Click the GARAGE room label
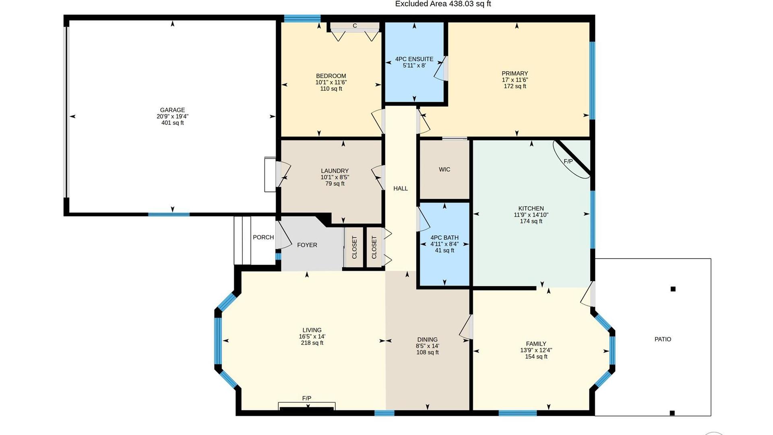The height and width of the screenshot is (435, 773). [x=172, y=110]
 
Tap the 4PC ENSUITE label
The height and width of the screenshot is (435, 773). [x=414, y=59]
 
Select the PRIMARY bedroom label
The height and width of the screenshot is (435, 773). [x=515, y=73]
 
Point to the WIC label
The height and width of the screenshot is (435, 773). [x=444, y=170]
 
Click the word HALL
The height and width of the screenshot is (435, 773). [x=401, y=188]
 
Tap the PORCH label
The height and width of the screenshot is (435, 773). [x=263, y=237]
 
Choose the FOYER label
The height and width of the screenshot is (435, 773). [x=307, y=245]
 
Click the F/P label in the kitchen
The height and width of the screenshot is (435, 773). [x=568, y=162]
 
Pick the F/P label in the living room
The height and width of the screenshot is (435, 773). [x=307, y=398]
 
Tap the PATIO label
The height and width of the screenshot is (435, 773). [x=663, y=339]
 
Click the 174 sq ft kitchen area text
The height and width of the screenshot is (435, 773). [x=531, y=221]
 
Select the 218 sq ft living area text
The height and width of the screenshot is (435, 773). [x=312, y=343]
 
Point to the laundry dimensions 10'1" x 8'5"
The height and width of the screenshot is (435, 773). [x=335, y=177]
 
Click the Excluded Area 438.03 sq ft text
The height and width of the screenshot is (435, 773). [x=443, y=4]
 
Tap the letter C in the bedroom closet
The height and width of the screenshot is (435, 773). [x=355, y=26]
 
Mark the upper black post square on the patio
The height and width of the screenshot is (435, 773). [x=673, y=289]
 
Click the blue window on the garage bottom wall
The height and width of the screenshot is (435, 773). [x=169, y=214]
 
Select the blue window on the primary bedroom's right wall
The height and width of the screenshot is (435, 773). [x=592, y=81]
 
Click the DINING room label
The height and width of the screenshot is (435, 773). [x=427, y=340]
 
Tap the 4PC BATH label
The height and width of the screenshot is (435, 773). [x=444, y=238]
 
